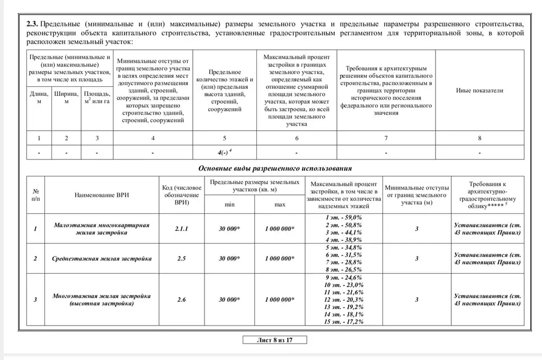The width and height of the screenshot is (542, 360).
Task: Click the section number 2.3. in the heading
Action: pyautogui.click(x=32, y=24)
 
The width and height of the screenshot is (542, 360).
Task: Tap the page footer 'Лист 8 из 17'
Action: pyautogui.click(x=274, y=340)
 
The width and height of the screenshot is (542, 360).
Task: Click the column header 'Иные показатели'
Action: pyautogui.click(x=479, y=91)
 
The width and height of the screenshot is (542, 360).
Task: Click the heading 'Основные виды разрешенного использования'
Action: pyautogui.click(x=274, y=168)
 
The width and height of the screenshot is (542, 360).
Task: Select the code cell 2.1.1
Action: pyautogui.click(x=181, y=229)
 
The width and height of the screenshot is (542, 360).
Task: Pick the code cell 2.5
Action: pyautogui.click(x=181, y=258)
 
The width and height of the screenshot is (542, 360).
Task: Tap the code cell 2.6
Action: pyautogui.click(x=181, y=299)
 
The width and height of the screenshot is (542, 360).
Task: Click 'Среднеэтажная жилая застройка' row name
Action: pyautogui.click(x=102, y=258)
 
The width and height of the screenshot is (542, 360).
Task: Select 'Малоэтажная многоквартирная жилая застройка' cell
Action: pyautogui.click(x=102, y=229)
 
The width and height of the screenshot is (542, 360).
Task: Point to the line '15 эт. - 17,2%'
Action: pyautogui.click(x=344, y=321)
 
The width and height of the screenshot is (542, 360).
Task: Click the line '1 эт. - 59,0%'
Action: pyautogui.click(x=344, y=217)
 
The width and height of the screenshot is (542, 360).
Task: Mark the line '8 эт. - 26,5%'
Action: pyautogui.click(x=344, y=269)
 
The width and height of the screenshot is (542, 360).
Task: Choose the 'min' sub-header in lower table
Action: pyautogui.click(x=229, y=204)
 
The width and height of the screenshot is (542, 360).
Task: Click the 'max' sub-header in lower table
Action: pyautogui.click(x=279, y=204)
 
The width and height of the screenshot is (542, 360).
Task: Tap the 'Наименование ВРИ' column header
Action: pyautogui.click(x=102, y=195)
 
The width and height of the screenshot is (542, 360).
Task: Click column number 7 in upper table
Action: pyautogui.click(x=386, y=138)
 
